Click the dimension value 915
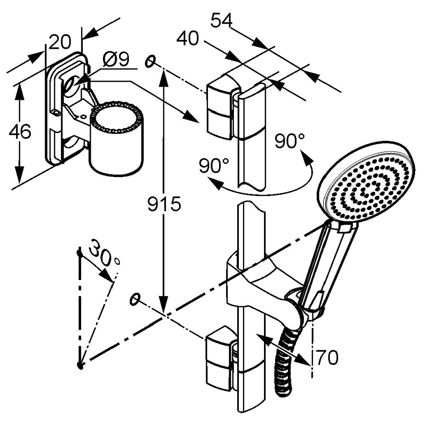[165, 204]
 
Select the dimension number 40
[188, 38]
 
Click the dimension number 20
[61, 42]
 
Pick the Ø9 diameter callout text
[115, 59]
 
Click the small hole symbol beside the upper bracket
[151, 61]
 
